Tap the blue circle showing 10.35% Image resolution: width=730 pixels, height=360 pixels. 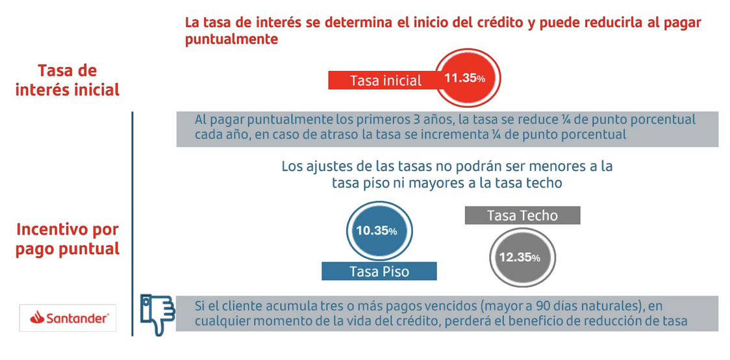point(376,231)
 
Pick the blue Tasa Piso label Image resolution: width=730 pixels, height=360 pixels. point(379,271)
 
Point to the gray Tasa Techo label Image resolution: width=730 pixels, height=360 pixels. point(522,216)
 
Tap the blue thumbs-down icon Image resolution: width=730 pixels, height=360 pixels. point(157,314)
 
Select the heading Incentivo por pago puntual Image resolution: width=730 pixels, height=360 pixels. point(68,238)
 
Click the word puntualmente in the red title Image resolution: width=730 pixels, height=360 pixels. point(232,40)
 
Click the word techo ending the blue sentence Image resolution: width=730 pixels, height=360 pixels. point(544,184)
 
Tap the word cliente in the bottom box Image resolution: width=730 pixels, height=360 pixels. point(231,306)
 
